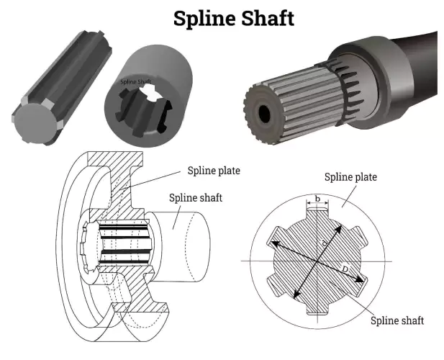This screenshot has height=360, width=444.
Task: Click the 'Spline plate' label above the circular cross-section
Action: (x=350, y=177)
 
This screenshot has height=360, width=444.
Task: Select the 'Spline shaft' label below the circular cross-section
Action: (x=398, y=320)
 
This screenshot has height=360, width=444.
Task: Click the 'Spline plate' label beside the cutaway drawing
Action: (x=214, y=171)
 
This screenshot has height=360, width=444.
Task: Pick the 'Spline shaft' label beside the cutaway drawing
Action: (x=194, y=197)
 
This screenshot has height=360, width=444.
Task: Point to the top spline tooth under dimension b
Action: (x=317, y=214)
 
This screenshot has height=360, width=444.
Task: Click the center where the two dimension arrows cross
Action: (x=316, y=260)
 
